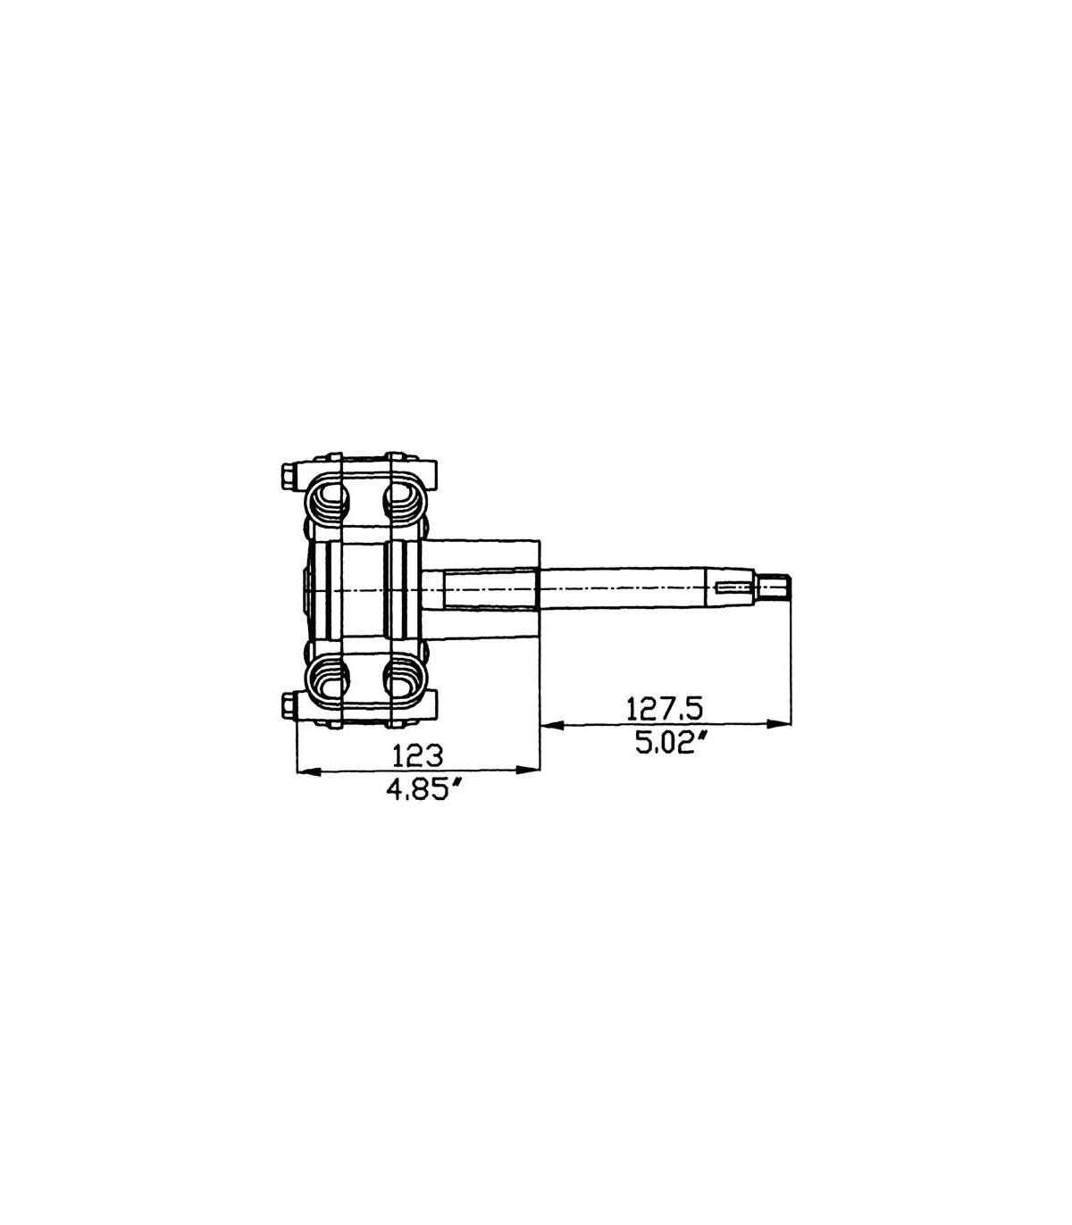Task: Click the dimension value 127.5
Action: click(x=664, y=710)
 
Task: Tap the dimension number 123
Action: click(x=417, y=755)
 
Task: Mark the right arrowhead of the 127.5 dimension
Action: click(x=780, y=725)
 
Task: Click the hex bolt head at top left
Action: click(x=288, y=477)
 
